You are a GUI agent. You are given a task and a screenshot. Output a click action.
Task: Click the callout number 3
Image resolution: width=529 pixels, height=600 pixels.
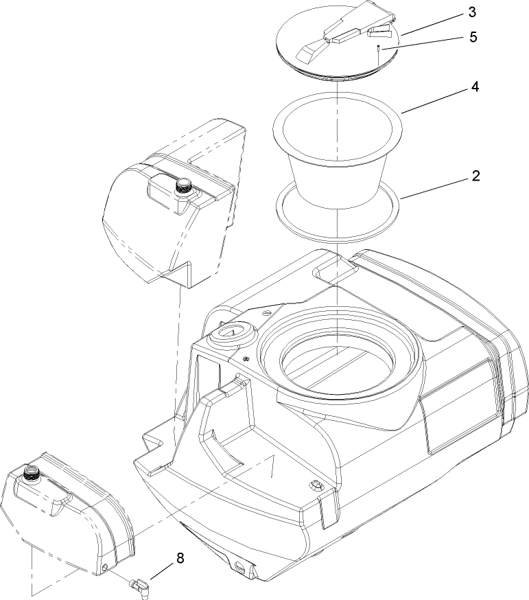pyautogui.click(x=472, y=12)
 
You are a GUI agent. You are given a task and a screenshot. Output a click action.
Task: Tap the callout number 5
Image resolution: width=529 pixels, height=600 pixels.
pyautogui.click(x=473, y=38)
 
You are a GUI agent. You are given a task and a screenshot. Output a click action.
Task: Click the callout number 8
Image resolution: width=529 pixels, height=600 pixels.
pyautogui.click(x=180, y=559)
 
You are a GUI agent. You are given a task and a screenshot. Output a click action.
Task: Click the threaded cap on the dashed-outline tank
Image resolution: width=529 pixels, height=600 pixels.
pyautogui.click(x=183, y=185)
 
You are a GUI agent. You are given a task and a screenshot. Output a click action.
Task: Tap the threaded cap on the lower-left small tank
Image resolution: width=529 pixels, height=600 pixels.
pyautogui.click(x=30, y=472)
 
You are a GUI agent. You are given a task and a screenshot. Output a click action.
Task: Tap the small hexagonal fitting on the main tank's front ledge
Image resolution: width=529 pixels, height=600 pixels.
pyautogui.click(x=316, y=486)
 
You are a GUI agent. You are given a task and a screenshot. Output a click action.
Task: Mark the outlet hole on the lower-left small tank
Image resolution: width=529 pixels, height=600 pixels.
pyautogui.click(x=105, y=566)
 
